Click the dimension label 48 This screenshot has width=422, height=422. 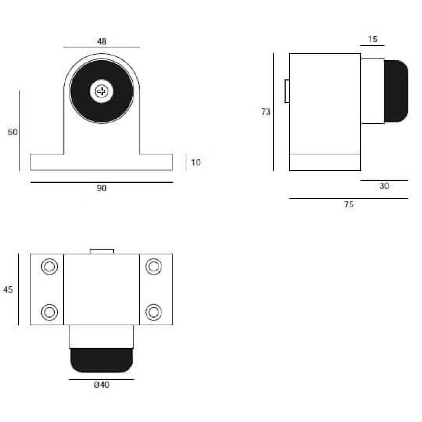tap(102, 41)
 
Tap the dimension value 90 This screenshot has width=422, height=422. tap(102, 188)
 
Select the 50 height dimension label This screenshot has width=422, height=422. tap(13, 132)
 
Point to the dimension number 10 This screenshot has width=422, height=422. tap(196, 162)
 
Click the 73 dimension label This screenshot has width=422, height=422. tap(266, 112)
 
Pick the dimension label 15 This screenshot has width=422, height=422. tap(373, 39)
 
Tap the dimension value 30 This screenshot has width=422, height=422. tap(384, 186)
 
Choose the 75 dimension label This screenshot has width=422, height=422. tap(349, 204)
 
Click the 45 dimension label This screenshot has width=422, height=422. tap(8, 289)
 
